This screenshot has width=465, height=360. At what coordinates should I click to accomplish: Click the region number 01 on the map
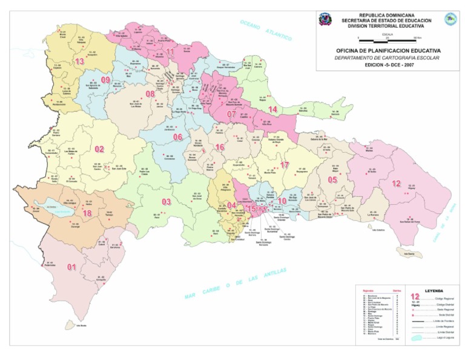click(x=71, y=267)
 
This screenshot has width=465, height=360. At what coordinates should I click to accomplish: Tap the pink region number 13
click(x=79, y=61)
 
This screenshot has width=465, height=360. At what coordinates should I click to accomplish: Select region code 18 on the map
click(x=87, y=213)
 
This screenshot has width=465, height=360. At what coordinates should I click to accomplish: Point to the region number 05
click(x=332, y=179)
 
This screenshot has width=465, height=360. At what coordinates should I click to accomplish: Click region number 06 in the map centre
click(x=177, y=137)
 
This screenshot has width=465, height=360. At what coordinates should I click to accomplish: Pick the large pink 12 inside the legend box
click(x=416, y=296)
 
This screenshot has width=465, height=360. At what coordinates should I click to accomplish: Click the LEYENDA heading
click(x=434, y=290)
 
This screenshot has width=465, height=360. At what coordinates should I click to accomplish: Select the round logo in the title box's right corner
click(x=450, y=19)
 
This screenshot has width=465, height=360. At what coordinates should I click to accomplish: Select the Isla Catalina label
click(x=378, y=230)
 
